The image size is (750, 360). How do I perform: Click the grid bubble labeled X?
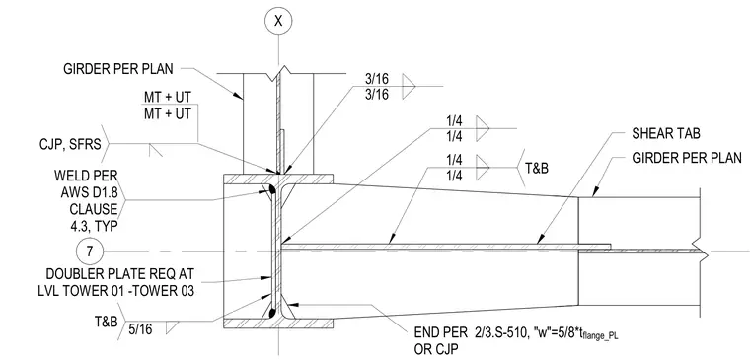point(278,21)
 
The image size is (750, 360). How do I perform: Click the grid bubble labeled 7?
point(90,252)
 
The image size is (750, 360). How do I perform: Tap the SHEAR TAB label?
point(666,134)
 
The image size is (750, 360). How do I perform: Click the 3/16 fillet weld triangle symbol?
point(408,87)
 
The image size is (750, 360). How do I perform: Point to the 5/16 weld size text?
point(141,328)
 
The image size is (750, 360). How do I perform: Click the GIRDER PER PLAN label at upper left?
point(118,69)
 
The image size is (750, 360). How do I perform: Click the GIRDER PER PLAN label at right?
point(687,158)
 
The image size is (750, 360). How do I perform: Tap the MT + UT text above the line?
point(168,97)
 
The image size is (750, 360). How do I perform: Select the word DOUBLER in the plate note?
point(75,274)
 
